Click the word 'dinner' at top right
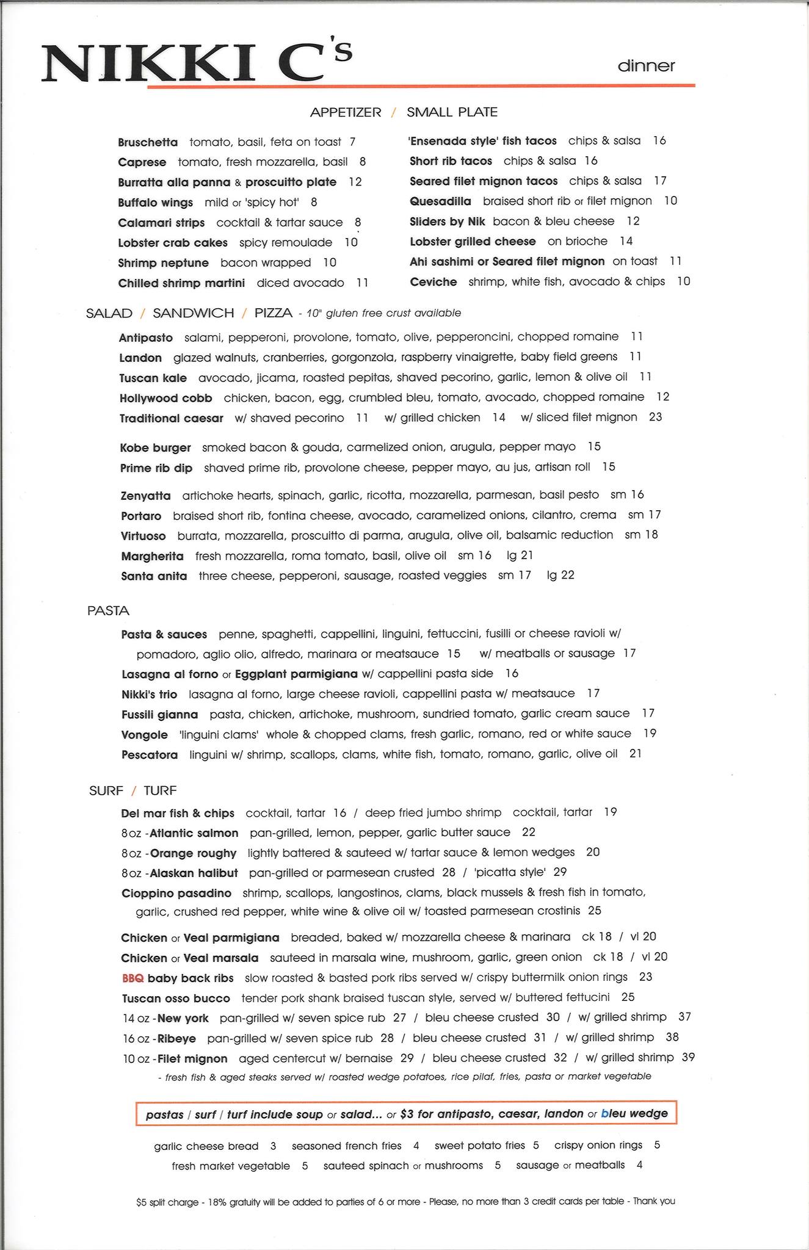646,66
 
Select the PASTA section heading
108,611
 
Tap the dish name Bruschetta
148,143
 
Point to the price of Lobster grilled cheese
626,241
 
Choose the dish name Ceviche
434,281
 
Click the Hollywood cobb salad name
166,398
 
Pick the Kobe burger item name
156,447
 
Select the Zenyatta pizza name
146,496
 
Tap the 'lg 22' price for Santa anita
560,575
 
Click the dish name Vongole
145,735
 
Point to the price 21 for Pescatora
636,754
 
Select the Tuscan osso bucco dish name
176,999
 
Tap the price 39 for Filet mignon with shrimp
688,1057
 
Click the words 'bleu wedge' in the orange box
634,1113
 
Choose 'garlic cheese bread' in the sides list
206,1146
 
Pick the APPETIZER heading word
346,112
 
